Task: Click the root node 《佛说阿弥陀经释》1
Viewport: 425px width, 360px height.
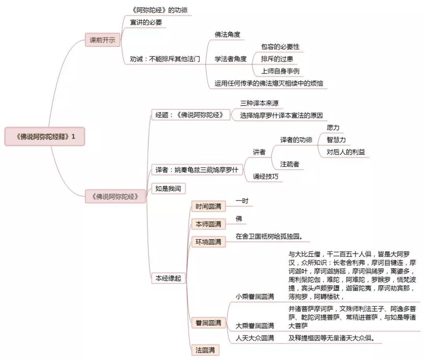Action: [45, 137]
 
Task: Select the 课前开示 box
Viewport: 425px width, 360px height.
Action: [102, 40]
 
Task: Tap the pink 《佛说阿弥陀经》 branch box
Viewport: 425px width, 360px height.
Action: [115, 196]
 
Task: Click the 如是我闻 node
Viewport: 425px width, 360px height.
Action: [168, 188]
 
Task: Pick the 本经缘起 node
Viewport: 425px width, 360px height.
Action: [168, 278]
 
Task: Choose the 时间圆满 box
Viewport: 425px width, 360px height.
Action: [209, 206]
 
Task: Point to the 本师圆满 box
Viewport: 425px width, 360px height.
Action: [209, 224]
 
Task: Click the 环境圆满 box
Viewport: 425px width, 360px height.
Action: [209, 242]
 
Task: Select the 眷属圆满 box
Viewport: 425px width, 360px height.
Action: [209, 323]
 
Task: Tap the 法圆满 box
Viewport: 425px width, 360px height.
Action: [205, 350]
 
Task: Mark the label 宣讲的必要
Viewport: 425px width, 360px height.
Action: [146, 22]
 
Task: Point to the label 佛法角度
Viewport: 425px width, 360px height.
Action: [227, 35]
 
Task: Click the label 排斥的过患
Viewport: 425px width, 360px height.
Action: [277, 59]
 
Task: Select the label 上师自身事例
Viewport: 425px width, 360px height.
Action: [280, 71]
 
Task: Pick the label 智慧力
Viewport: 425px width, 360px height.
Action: [336, 140]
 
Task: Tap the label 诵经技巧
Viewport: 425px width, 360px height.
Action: [266, 177]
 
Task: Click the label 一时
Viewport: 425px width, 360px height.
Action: [242, 201]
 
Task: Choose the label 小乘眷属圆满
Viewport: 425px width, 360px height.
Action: [255, 297]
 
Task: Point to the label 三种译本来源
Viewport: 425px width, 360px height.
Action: [259, 103]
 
